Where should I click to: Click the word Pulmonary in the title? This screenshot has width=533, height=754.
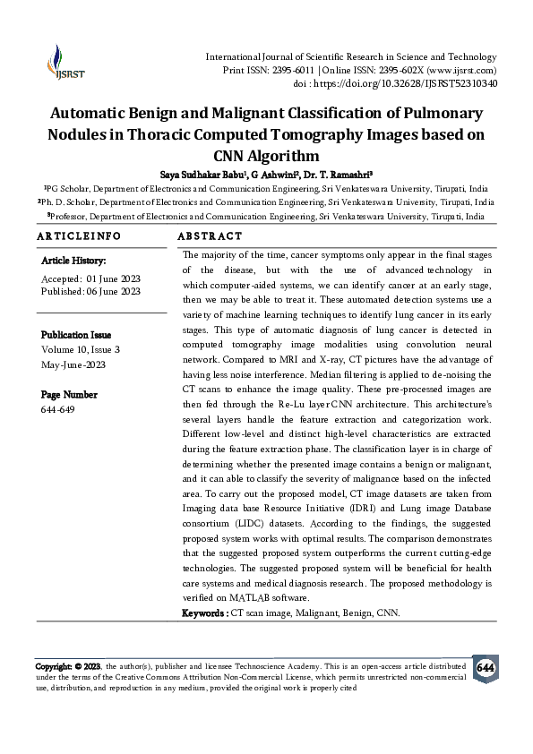coord(439,114)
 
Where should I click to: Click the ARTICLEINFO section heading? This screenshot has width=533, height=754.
coord(79,236)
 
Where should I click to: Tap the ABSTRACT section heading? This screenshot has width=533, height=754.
coord(210,236)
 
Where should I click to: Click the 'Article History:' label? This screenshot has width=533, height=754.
coord(74,261)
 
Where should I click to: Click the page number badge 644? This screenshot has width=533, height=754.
coord(485,669)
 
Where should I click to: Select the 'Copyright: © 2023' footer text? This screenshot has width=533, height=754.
coord(68,667)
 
